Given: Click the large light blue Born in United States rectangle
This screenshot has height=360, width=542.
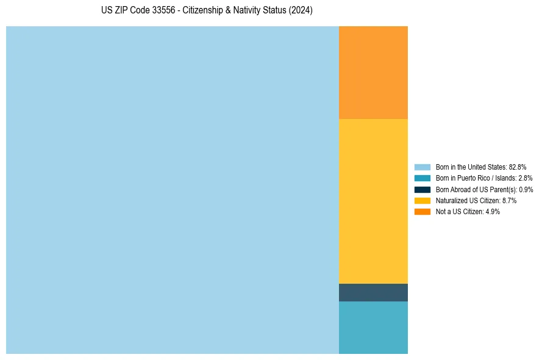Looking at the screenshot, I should point(173,190).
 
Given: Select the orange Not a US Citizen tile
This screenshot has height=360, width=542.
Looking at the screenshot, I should point(373,72).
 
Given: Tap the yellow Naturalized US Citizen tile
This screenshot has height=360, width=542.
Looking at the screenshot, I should point(373,201).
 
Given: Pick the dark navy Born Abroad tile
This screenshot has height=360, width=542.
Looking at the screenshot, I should point(373,292).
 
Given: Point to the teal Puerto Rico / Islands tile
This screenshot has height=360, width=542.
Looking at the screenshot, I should point(373,327).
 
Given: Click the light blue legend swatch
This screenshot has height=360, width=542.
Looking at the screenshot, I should point(423,167).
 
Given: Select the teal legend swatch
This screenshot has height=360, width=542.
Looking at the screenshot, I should point(423,178).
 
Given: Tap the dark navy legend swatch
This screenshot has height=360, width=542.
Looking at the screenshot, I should point(423,189).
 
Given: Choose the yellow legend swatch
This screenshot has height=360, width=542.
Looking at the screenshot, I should point(423,200).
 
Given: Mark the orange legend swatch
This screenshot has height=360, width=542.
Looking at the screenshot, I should point(423,212).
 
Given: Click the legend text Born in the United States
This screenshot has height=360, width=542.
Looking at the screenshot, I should point(471,167).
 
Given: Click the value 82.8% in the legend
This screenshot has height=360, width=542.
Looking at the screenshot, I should point(518,167).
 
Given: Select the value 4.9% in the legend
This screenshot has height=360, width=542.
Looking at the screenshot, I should point(493,212).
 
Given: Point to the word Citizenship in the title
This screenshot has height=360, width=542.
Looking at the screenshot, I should point(203,10).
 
